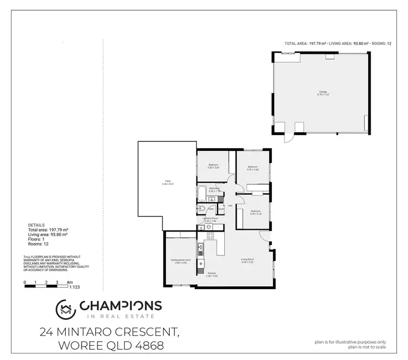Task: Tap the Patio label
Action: click(x=168, y=184)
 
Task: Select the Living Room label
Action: click(x=248, y=260)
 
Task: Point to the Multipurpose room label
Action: click(x=180, y=261)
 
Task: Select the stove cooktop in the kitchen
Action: click(x=209, y=236)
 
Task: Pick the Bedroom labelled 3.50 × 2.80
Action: click(x=213, y=166)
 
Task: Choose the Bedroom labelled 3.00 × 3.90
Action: click(x=253, y=168)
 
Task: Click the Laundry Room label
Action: click(x=209, y=219)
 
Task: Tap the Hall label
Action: click(x=230, y=205)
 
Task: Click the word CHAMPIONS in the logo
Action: click(x=120, y=306)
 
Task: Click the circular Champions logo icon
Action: click(x=66, y=309)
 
